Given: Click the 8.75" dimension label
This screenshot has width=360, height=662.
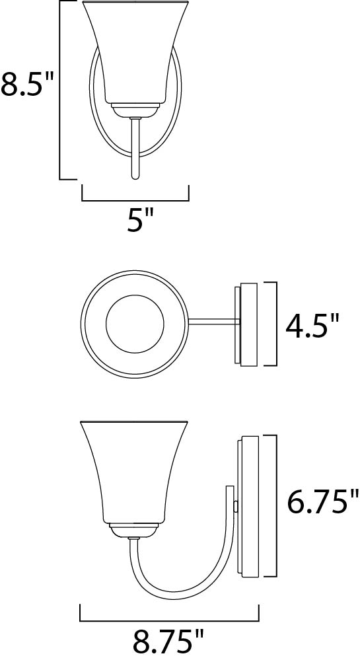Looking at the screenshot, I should tap(169, 642).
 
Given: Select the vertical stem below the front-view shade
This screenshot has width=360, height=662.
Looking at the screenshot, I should tap(135, 149).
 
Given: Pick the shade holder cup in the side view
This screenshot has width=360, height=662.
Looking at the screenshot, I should tap(133, 529).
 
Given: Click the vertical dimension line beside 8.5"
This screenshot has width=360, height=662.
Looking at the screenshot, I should tap(60, 90).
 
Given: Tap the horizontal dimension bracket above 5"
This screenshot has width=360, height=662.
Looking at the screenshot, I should tap(135, 200).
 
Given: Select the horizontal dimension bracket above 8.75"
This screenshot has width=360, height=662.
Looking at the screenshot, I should tap(169, 620).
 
